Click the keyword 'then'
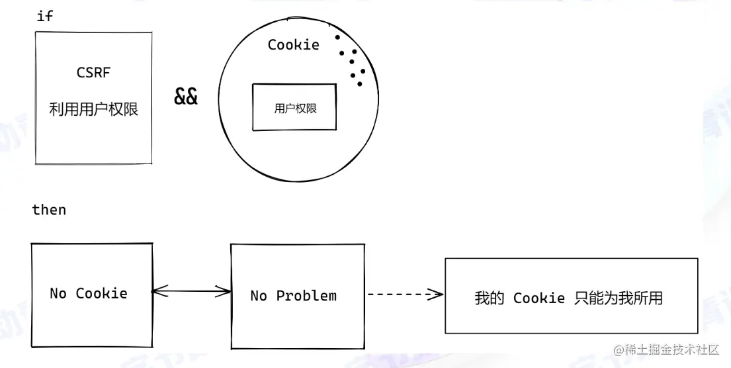click(49, 210)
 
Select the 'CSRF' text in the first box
click(93, 73)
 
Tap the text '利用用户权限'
click(93, 109)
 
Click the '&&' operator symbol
click(186, 97)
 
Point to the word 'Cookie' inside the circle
click(293, 45)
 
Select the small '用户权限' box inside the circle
click(294, 108)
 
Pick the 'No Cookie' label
click(89, 293)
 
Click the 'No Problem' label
click(293, 296)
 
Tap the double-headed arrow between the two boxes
click(191, 291)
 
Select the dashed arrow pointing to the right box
click(404, 295)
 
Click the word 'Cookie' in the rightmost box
click(539, 298)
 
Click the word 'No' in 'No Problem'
click(259, 296)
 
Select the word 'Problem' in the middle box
click(306, 296)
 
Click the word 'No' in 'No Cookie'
click(58, 293)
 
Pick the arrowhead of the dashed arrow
click(437, 295)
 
